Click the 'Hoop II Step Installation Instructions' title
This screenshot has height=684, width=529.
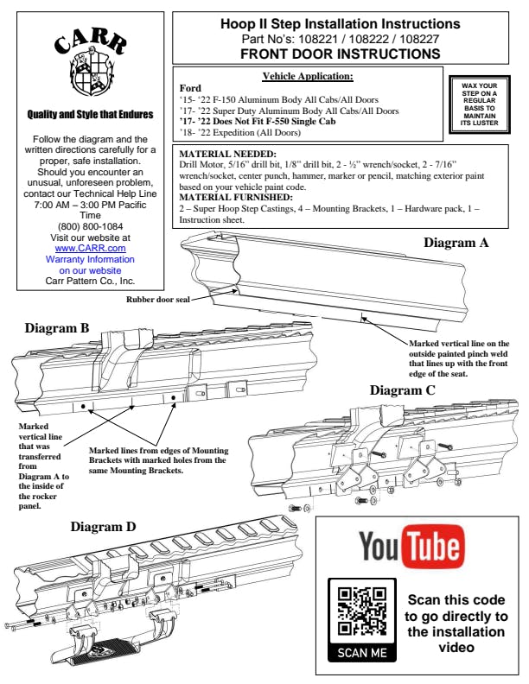341,23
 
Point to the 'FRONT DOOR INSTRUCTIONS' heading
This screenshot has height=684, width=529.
341,53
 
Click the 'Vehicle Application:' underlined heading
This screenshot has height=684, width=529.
307,76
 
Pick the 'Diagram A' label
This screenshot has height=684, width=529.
456,243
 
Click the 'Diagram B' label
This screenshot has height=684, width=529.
57,328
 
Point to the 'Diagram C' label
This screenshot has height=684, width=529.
402,390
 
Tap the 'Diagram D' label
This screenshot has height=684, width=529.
103,526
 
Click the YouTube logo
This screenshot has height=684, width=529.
411,547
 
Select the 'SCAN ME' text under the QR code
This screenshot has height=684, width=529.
362,652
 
